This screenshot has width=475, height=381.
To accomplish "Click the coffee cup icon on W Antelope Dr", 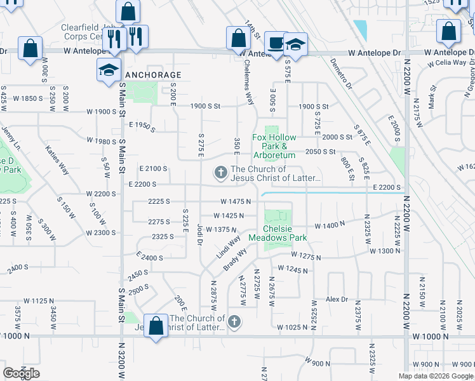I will [275, 43].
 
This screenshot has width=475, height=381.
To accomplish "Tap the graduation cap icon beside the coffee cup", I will [295, 44].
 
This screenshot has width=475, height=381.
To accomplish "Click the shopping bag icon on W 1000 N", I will [156, 326].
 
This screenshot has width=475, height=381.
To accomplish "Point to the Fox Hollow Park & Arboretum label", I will [274, 146].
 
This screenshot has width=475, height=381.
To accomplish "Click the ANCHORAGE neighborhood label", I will [153, 75].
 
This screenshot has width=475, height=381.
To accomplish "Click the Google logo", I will [21, 373].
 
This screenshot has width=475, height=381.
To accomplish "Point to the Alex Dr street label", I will [337, 299].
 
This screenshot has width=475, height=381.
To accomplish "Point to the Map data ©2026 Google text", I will [435, 376].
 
